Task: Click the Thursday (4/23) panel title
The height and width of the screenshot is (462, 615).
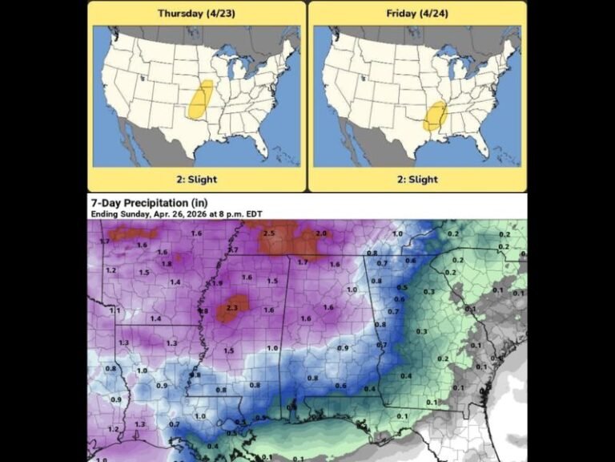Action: click(196, 14)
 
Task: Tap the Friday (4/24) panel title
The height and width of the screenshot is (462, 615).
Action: click(416, 14)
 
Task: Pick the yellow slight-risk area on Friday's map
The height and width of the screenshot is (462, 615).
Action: click(435, 116)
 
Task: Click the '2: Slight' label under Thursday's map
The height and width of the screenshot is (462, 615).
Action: click(196, 180)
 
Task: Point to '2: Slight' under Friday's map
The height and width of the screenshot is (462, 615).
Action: click(416, 180)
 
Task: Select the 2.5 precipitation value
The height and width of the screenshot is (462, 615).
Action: click(269, 233)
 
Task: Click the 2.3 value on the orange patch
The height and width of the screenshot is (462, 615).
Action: click(233, 307)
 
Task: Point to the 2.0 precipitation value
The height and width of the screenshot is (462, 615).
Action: click(321, 233)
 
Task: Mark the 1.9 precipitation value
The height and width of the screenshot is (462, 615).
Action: click(217, 283)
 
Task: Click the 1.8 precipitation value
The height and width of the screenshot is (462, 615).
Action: click(167, 264)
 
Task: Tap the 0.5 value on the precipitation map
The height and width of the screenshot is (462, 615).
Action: click(402, 287)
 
